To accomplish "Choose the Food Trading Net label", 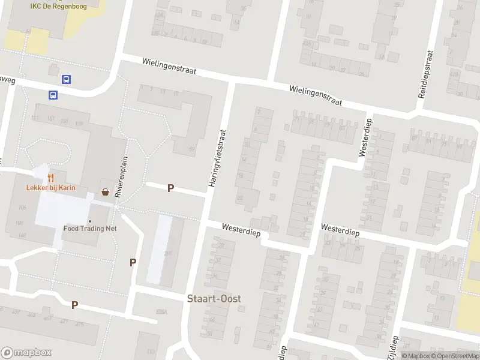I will (x=90, y=229).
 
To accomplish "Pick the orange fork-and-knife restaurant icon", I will (x=50, y=177).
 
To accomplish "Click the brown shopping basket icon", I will (x=106, y=193).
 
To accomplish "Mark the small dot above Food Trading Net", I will (x=90, y=221).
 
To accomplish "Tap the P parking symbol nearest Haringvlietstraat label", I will (x=170, y=188).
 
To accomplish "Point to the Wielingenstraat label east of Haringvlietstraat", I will (x=315, y=95).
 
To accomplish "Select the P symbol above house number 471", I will (x=74, y=305).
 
